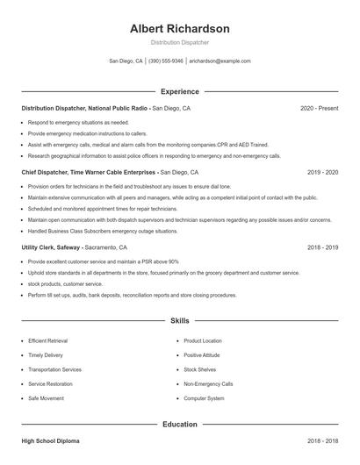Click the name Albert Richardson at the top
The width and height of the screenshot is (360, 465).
point(179,28)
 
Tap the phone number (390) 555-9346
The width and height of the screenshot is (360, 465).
point(166,61)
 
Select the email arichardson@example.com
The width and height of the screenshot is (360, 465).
point(220,61)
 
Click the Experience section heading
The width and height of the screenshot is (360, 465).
point(179,91)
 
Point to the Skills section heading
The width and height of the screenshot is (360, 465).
point(179,321)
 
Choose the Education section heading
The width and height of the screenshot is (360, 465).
point(179,424)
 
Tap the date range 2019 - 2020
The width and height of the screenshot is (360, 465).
point(322,173)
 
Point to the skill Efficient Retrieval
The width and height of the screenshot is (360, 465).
point(49,340)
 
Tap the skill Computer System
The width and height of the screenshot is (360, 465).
point(204,398)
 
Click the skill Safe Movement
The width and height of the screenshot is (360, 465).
point(46,398)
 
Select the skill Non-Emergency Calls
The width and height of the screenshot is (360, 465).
point(208,384)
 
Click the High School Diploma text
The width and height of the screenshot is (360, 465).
point(51,441)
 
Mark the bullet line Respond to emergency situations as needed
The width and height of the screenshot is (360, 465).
point(78,123)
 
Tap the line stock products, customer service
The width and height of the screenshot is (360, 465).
point(65,284)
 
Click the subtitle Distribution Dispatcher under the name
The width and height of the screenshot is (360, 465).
point(179,42)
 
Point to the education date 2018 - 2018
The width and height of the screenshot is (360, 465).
point(322,441)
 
